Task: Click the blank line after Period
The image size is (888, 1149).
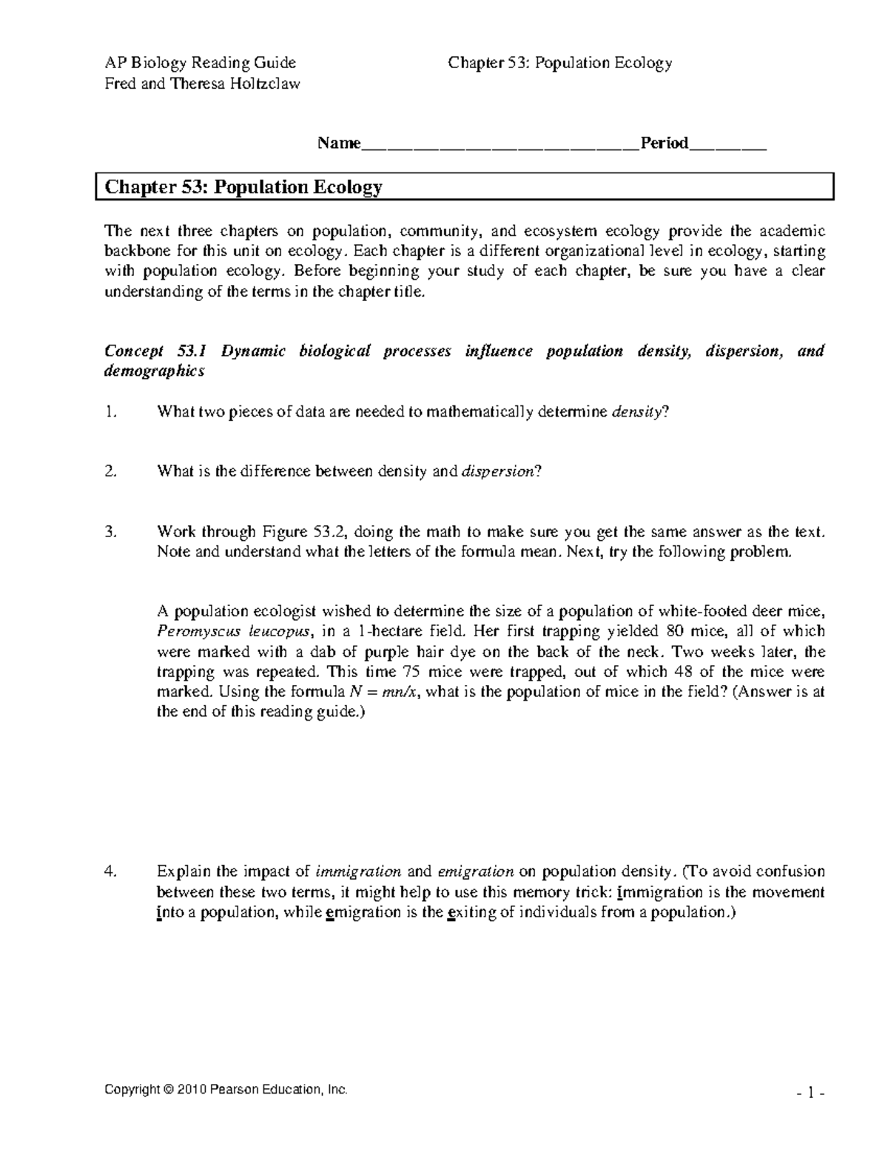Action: point(727,146)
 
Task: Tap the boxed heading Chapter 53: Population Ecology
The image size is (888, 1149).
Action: point(243,187)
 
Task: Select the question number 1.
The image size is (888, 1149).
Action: point(110,413)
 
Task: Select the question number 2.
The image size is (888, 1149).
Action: point(110,471)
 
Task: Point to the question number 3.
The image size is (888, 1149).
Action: point(110,531)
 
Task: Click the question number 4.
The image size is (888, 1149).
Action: point(110,872)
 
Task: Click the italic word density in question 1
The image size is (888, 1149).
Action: point(638,413)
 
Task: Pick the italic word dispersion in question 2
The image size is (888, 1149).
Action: point(497,471)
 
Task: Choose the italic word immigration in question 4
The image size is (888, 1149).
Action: point(358,872)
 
